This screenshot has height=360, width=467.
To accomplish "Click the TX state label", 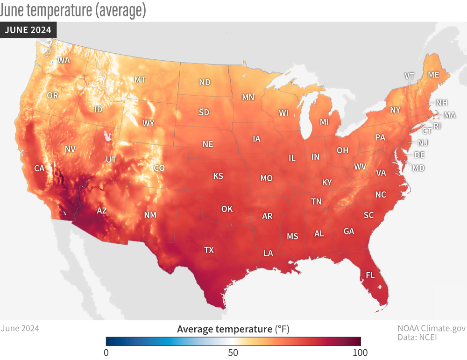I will coord(209,250).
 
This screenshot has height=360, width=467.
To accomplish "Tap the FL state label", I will coord(370,275).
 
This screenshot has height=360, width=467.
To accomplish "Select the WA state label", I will coord(64,60).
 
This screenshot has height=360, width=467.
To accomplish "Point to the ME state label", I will coord(433,75).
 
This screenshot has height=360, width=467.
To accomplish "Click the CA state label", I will coord(39,169).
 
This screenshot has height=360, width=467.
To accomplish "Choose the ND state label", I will coord(205,82).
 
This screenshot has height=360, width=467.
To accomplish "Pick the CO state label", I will coord(159,168).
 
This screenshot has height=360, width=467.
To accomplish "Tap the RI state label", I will coord(437,126).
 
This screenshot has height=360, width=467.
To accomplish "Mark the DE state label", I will coord(419,155).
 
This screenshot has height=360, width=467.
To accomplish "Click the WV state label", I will coord(360,166).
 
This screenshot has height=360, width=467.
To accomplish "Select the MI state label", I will coord(324,122).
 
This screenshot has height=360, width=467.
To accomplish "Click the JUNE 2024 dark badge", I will coord(28,30).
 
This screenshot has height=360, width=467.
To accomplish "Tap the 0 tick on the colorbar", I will coord(106,351).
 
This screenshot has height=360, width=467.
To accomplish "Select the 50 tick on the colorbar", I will coord(233,351).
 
